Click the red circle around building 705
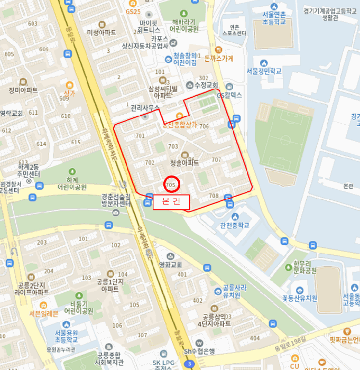[172, 184]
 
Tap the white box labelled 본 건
[171, 202]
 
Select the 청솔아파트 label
[184, 163]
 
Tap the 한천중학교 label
[234, 225]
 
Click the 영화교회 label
[170, 264]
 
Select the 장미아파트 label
[23, 90]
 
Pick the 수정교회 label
[202, 85]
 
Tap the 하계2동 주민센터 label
[27, 171]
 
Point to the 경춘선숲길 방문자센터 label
[116, 200]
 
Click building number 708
[214, 196]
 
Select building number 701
[140, 136]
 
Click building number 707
[216, 159]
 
